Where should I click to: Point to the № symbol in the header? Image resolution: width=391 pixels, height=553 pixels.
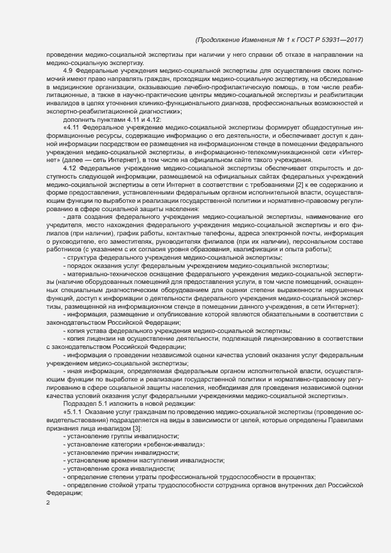pos(267,40)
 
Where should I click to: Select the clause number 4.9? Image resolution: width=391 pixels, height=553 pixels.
pos(68,70)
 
